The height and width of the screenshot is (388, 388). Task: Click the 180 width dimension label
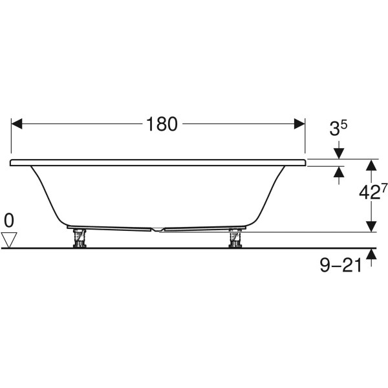coord(162,124)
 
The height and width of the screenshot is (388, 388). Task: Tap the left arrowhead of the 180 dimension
coord(17,124)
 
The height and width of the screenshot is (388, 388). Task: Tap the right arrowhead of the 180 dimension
coord(299,124)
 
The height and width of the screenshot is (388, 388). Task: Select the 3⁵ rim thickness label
coord(338,128)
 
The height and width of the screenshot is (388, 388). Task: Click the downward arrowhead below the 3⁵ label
coord(339,154)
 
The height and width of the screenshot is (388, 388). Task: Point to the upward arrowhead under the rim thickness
coord(339,172)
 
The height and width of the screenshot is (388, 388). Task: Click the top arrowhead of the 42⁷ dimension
coord(371,165)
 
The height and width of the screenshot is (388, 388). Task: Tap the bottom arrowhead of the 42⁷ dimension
coord(371,226)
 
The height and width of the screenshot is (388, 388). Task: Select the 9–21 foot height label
coord(341,266)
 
